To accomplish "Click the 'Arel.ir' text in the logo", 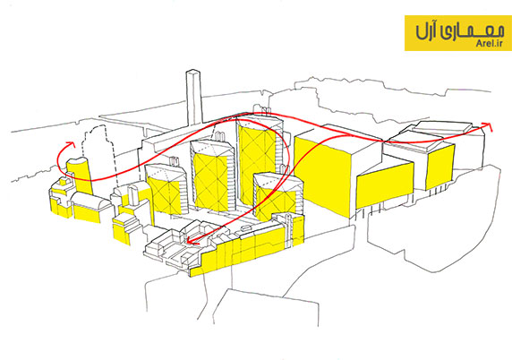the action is click(490, 44).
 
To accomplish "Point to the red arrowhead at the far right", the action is click(487, 125).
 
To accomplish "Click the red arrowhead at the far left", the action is click(70, 144).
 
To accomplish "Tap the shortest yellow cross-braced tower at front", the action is click(277, 197).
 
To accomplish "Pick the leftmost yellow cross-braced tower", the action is click(166, 190).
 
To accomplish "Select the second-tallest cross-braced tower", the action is click(212, 176).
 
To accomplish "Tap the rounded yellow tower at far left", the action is click(80, 176).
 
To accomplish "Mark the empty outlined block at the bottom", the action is click(265, 307).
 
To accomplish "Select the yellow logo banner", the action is click(458, 33).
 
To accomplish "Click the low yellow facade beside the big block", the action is click(385, 185).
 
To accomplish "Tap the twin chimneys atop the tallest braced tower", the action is click(265, 109).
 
